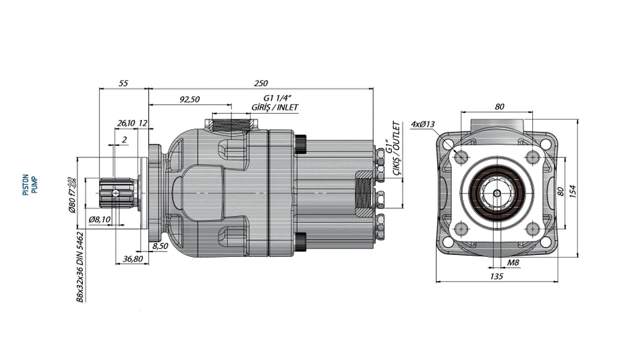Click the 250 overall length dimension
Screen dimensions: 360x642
point(261,84)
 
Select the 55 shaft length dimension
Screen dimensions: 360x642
point(123,84)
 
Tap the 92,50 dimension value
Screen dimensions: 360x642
point(189,100)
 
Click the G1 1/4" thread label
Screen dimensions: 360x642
point(276,98)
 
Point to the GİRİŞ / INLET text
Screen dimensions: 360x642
point(275,108)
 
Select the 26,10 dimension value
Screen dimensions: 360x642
point(126,123)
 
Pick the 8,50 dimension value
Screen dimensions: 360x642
point(160,246)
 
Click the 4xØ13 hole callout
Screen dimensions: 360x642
point(423,124)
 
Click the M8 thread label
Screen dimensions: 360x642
point(512,263)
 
